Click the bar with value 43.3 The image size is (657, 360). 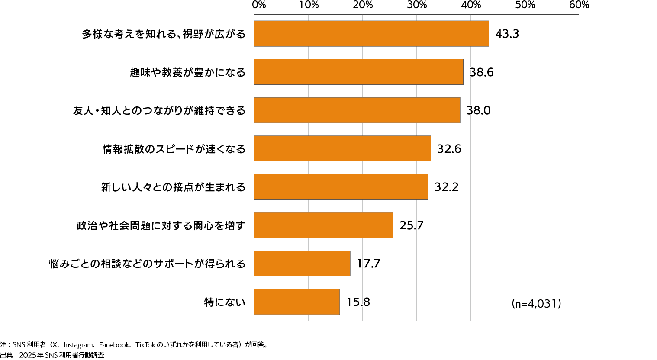[371, 34]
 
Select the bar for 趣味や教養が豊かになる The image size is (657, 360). [358, 72]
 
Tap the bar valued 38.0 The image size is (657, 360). [357, 110]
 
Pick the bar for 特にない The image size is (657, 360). [297, 302]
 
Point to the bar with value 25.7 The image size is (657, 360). [324, 225]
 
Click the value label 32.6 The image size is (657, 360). [449, 149]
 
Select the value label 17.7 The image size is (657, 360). [368, 264]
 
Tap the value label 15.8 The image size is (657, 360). [358, 302]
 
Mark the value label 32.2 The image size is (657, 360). [446, 187]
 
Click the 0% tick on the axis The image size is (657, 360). [259, 5]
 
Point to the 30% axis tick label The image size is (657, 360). [416, 5]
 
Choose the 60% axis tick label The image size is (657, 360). [579, 5]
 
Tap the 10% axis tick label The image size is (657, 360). [309, 5]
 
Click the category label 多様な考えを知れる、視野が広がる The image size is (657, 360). [164, 34]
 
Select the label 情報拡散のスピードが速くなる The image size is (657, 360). [174, 149]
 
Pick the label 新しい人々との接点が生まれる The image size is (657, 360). [173, 187]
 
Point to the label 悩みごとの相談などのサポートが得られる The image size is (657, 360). [147, 264]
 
